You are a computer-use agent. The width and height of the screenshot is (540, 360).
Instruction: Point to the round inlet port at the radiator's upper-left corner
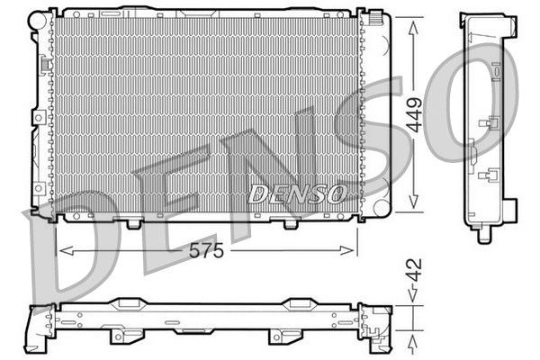pyautogui.click(x=40, y=18)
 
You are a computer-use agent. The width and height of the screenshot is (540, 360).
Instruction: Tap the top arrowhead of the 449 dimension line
pyautogui.click(x=414, y=19)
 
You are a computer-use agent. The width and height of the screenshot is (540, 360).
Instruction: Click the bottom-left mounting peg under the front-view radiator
pyautogui.click(x=133, y=221)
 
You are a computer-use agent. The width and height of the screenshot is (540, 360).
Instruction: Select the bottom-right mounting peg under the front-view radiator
pyautogui.click(x=290, y=221)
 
